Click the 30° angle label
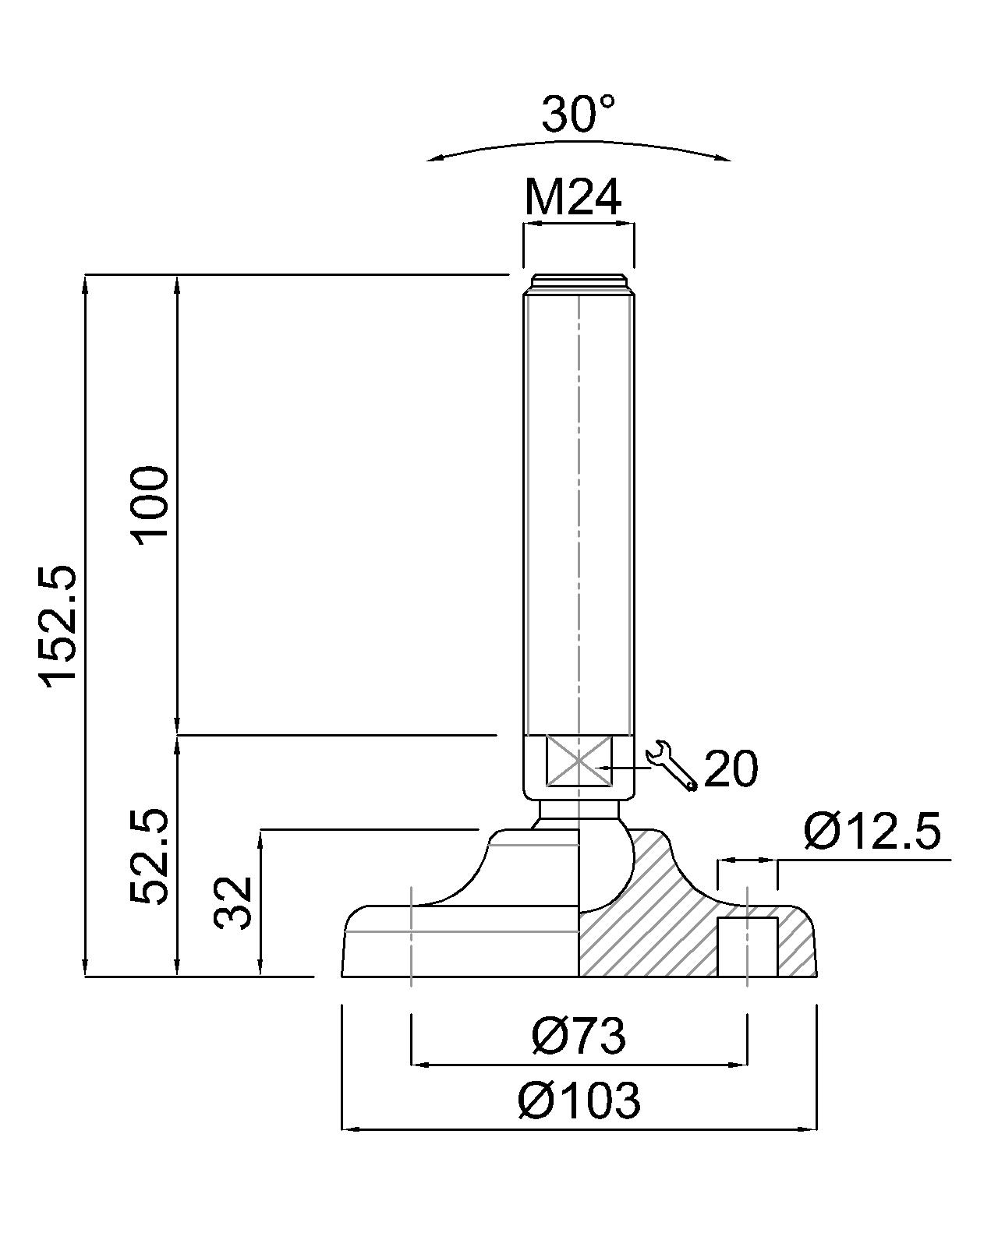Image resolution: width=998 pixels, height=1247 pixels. pyautogui.click(x=578, y=113)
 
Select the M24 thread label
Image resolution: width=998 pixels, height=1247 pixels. pyautogui.click(x=573, y=198)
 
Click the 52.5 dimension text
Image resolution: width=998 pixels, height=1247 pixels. pyautogui.click(x=149, y=857)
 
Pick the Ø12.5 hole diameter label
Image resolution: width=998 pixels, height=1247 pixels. pyautogui.click(x=872, y=832)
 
